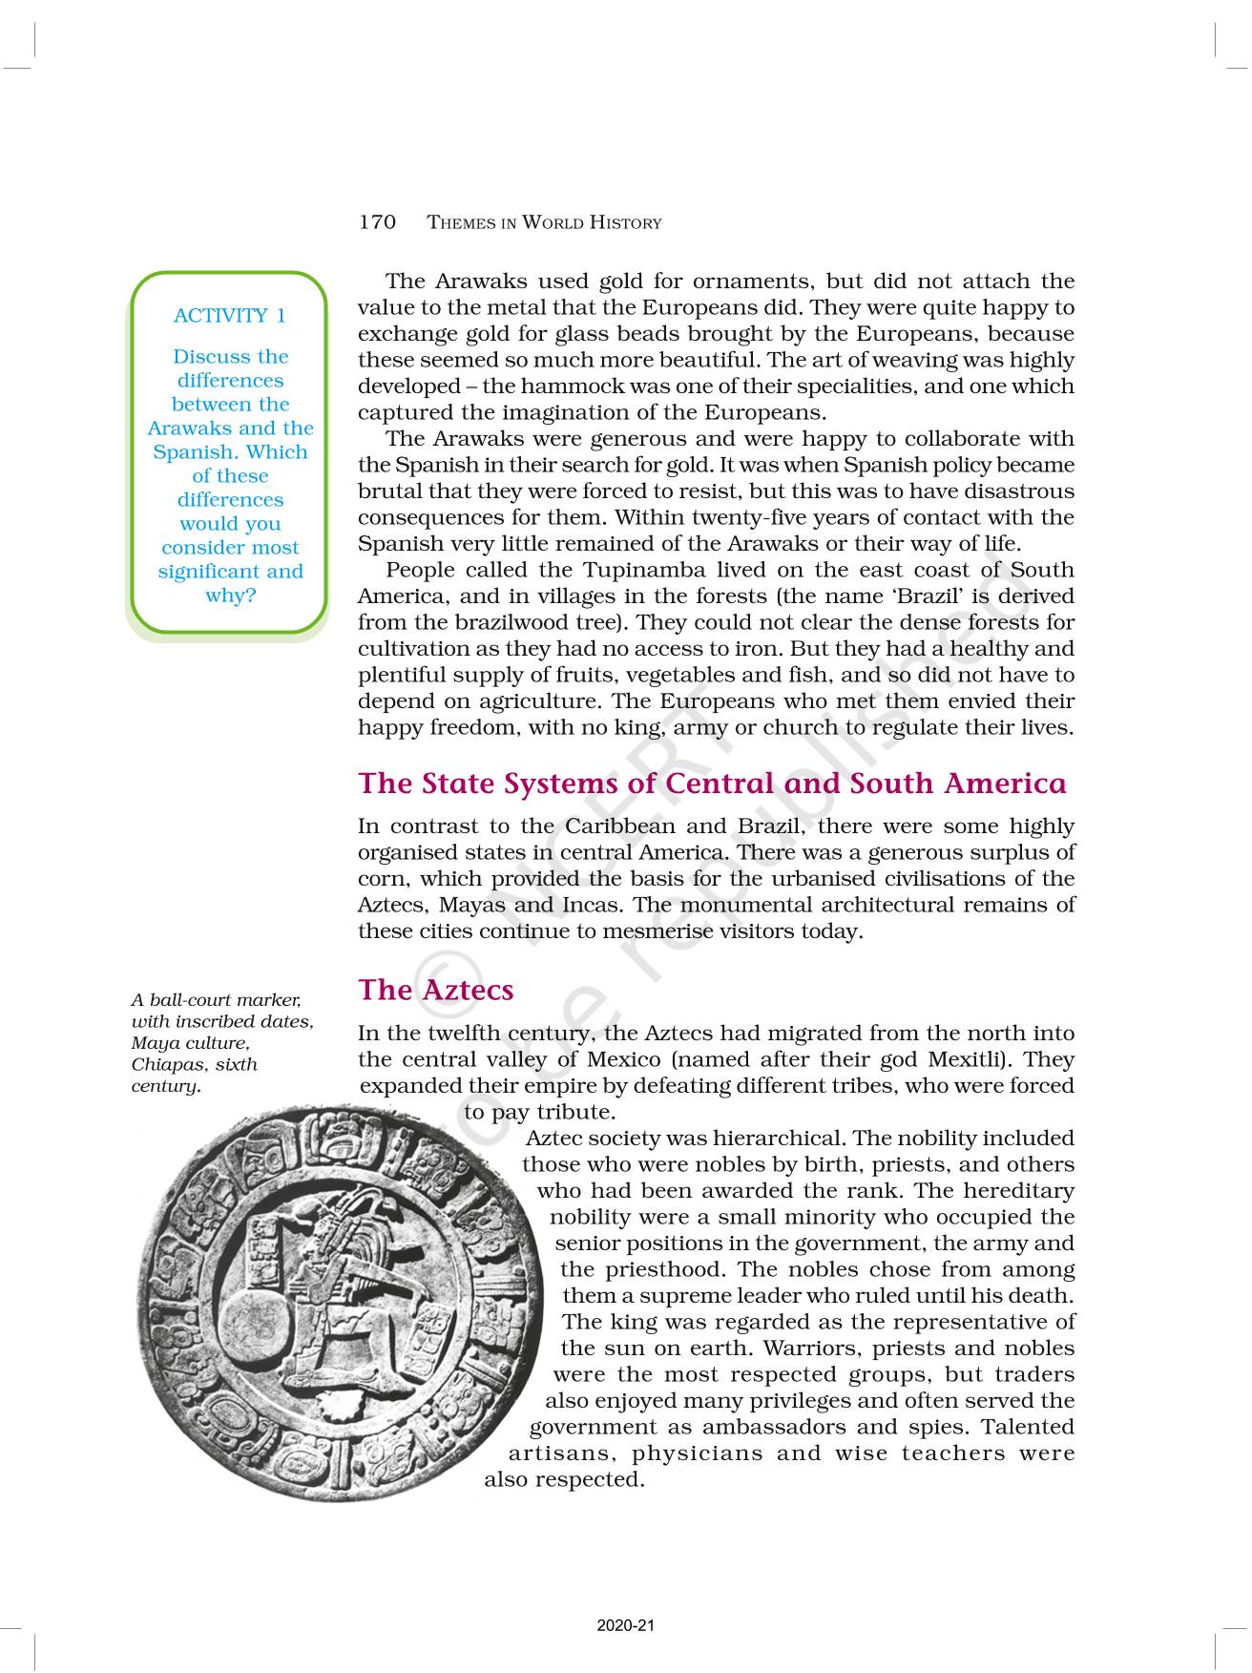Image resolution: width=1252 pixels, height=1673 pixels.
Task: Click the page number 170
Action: [377, 222]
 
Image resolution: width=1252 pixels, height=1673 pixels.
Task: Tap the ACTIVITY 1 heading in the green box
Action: [229, 315]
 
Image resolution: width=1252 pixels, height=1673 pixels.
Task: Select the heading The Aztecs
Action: [436, 990]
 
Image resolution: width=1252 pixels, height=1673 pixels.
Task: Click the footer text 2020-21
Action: [625, 1626]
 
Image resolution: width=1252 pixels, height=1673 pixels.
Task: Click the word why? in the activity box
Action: [230, 596]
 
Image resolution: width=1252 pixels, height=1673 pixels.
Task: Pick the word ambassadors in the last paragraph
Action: [778, 1428]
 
